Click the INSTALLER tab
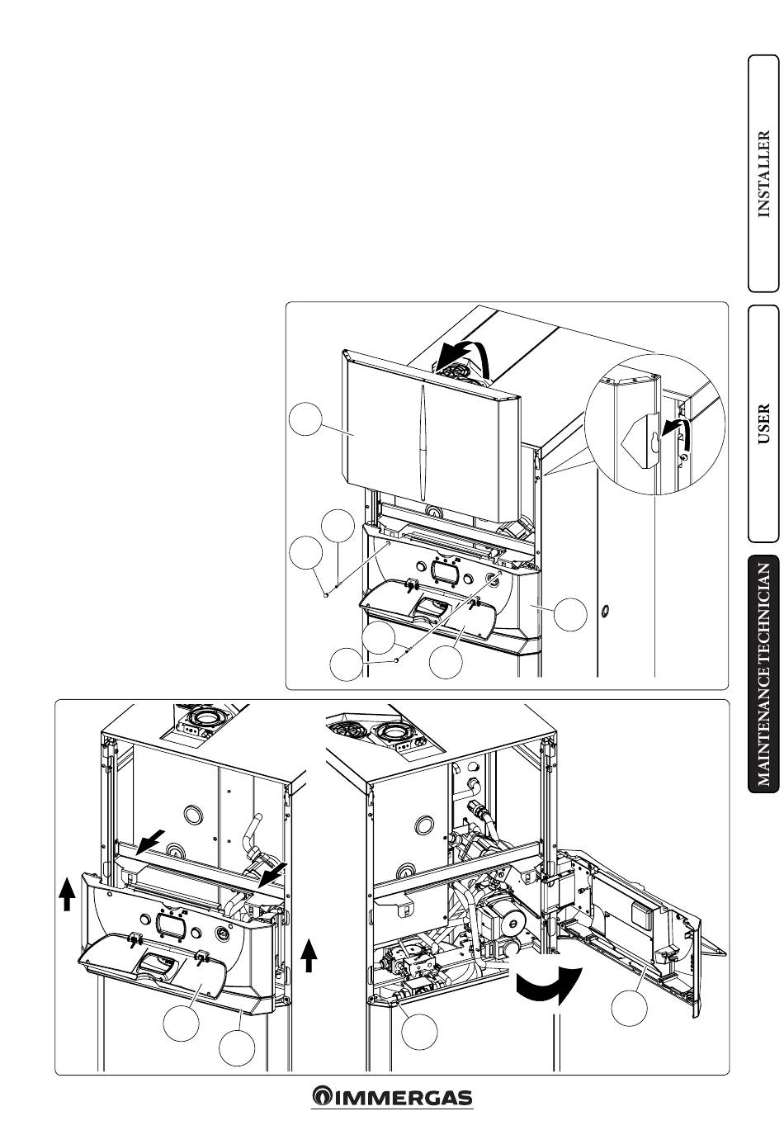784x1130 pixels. pos(763,173)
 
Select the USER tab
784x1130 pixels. pos(763,423)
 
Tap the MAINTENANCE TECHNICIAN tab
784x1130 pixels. pos(764,674)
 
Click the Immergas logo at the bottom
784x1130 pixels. pos(392,1097)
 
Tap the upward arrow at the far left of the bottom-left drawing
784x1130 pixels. pos(68,893)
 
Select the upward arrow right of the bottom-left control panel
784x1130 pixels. pos(309,957)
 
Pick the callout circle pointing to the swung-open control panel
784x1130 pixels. pos(631,1008)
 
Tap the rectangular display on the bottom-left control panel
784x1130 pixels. pos(172,924)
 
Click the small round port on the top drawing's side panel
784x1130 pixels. pos(604,611)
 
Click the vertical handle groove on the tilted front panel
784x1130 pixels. pos(420,421)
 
